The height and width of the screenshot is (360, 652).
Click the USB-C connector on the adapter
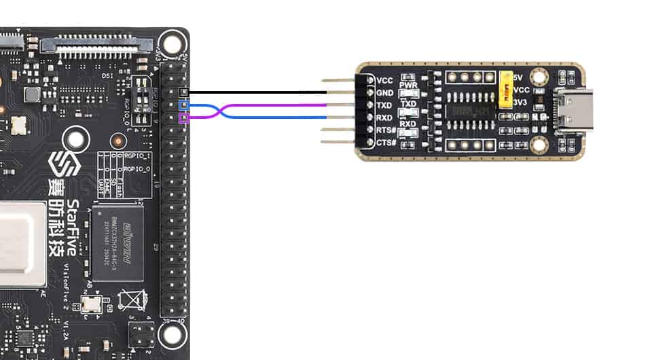tap(573, 111)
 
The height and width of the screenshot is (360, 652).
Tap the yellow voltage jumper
tap(505, 90)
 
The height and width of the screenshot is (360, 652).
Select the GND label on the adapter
tap(384, 93)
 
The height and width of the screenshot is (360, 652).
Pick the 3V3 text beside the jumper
tap(522, 103)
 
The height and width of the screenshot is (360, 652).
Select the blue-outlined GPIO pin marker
tap(182, 105)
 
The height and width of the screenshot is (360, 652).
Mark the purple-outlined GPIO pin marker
tap(182, 118)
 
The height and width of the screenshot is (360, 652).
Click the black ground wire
tap(258, 92)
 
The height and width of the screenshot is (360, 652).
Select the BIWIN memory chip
tap(117, 243)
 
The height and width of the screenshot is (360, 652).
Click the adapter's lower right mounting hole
tap(540, 144)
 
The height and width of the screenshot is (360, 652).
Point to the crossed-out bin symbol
tap(132, 300)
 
